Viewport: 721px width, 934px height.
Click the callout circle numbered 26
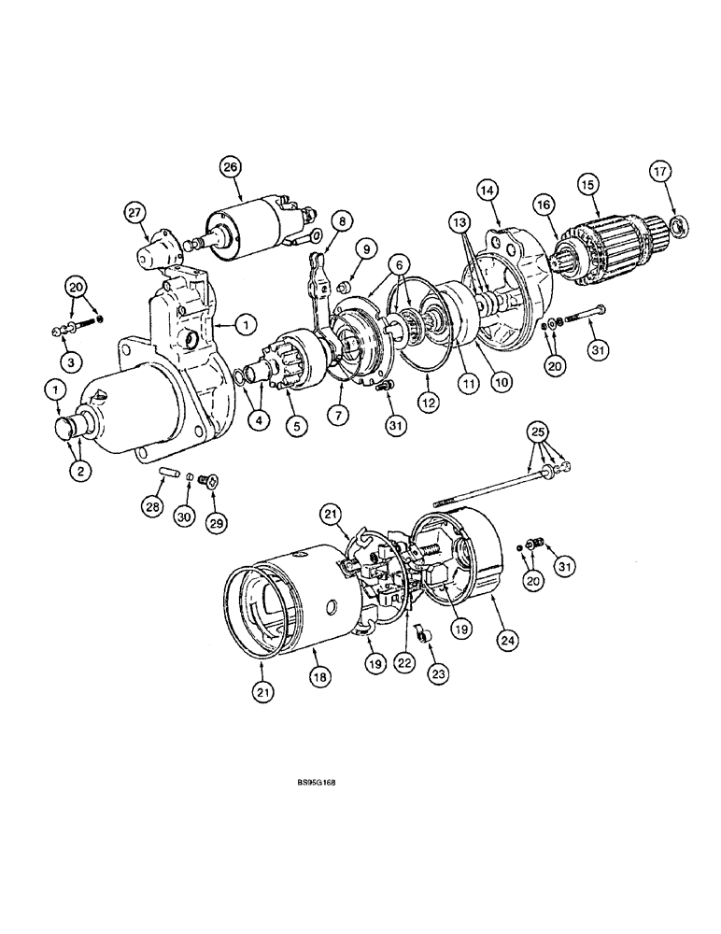pos(230,167)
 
